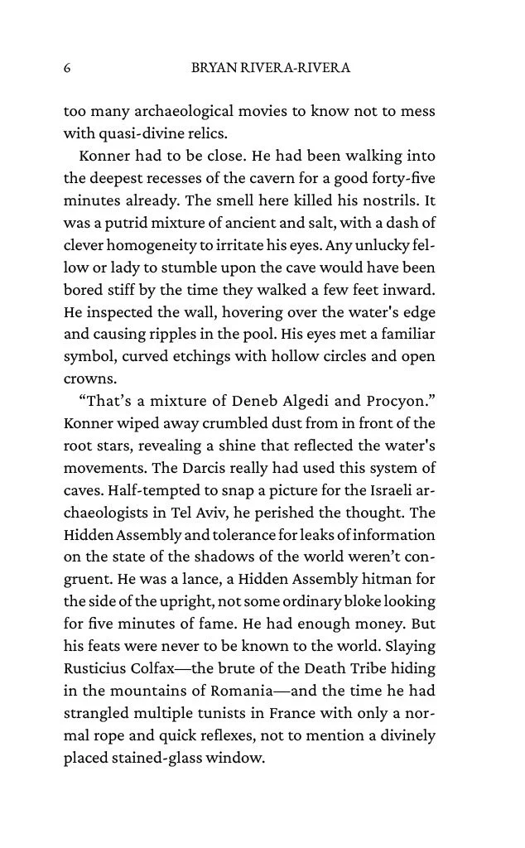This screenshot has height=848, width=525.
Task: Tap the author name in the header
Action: click(x=271, y=69)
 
